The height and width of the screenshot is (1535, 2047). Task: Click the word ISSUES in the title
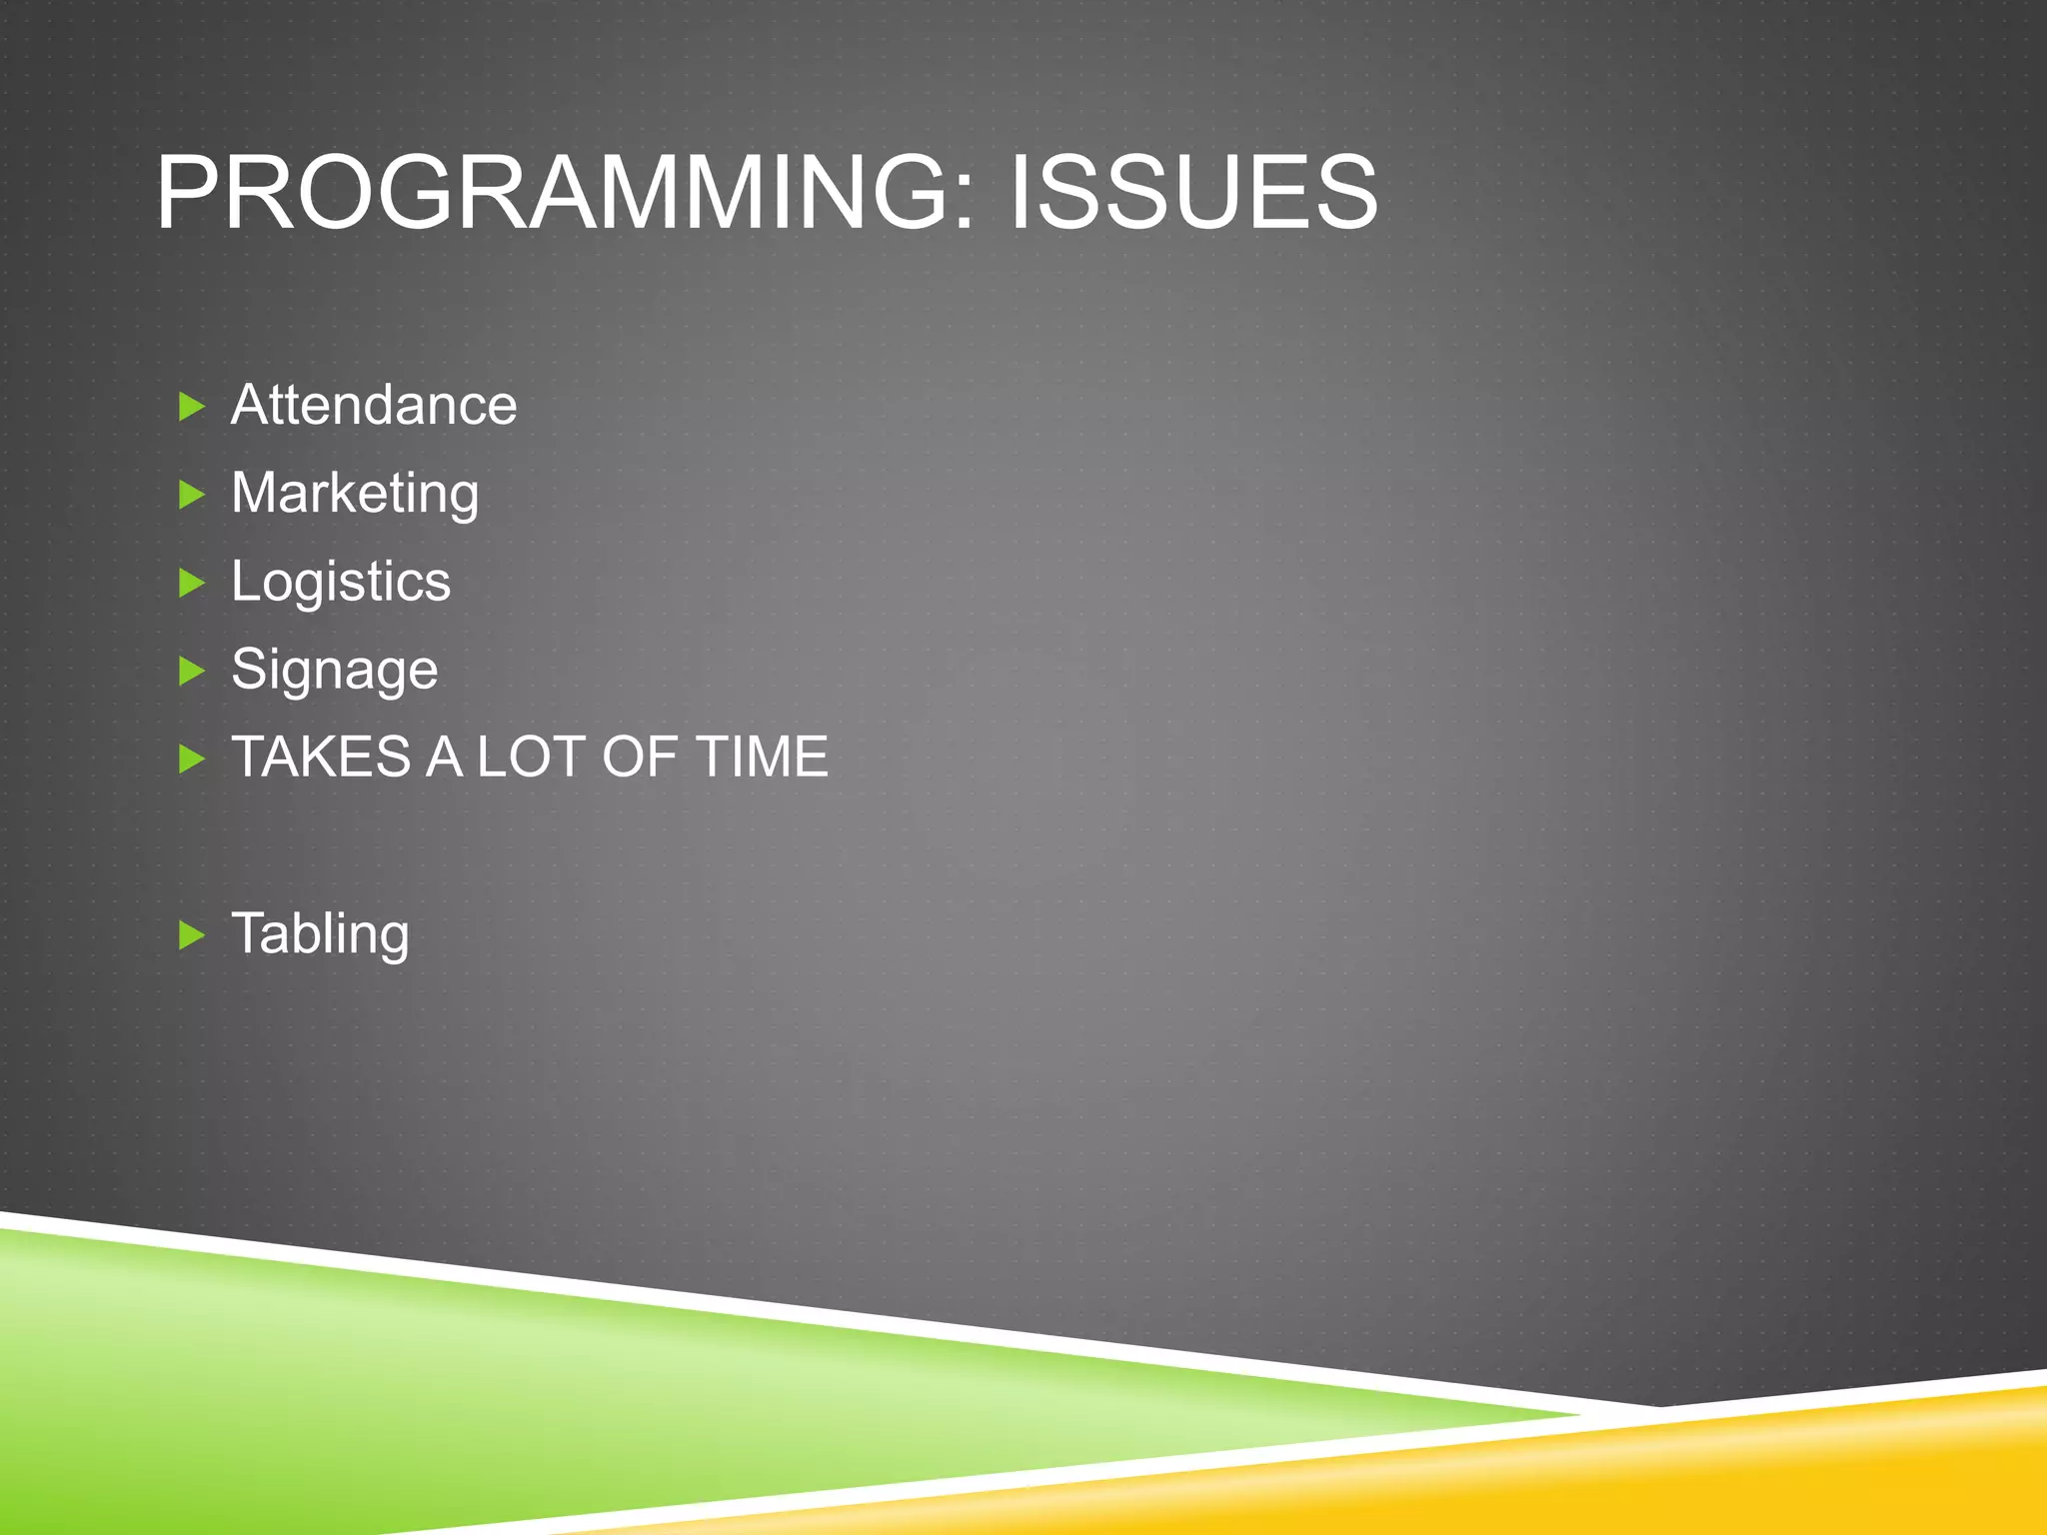point(1193,192)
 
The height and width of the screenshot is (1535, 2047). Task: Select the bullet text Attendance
point(374,405)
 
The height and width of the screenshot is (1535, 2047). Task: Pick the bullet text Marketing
point(355,494)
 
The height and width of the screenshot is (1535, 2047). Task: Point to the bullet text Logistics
point(341,582)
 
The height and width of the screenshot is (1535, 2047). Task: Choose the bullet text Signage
point(334,670)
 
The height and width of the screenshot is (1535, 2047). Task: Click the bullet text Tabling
point(320,934)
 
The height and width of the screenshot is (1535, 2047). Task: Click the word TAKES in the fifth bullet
point(322,757)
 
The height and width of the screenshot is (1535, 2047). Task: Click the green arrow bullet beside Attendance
point(191,407)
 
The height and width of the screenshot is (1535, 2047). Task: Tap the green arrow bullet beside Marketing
point(191,495)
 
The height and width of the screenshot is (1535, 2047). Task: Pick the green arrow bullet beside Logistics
point(191,583)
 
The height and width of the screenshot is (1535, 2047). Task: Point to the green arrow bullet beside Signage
point(191,671)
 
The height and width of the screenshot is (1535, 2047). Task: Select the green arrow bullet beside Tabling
point(191,936)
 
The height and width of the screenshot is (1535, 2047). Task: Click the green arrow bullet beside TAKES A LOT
point(191,760)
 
